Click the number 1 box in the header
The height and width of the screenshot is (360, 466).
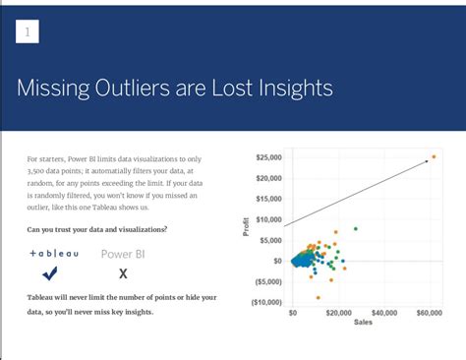pyautogui.click(x=28, y=32)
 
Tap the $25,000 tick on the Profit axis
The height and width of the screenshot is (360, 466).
pyautogui.click(x=268, y=157)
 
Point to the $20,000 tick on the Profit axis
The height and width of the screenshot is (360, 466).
pyautogui.click(x=268, y=178)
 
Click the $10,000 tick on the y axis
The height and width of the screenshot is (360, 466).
pyautogui.click(x=268, y=219)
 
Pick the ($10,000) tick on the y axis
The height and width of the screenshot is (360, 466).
pyautogui.click(x=266, y=302)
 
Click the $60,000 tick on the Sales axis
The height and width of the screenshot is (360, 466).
pyautogui.click(x=429, y=313)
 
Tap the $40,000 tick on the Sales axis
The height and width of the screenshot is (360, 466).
pyautogui.click(x=384, y=313)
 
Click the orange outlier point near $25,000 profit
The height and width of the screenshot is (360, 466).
pyautogui.click(x=434, y=156)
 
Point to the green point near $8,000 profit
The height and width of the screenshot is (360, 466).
pyautogui.click(x=355, y=228)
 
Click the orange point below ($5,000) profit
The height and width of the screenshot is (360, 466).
pyautogui.click(x=318, y=297)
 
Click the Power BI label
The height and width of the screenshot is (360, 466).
pyautogui.click(x=123, y=254)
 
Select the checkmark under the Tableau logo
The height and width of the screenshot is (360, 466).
pyautogui.click(x=50, y=273)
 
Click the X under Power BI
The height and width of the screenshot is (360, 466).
pyautogui.click(x=123, y=274)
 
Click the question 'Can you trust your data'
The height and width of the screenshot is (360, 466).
pyautogui.click(x=97, y=229)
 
